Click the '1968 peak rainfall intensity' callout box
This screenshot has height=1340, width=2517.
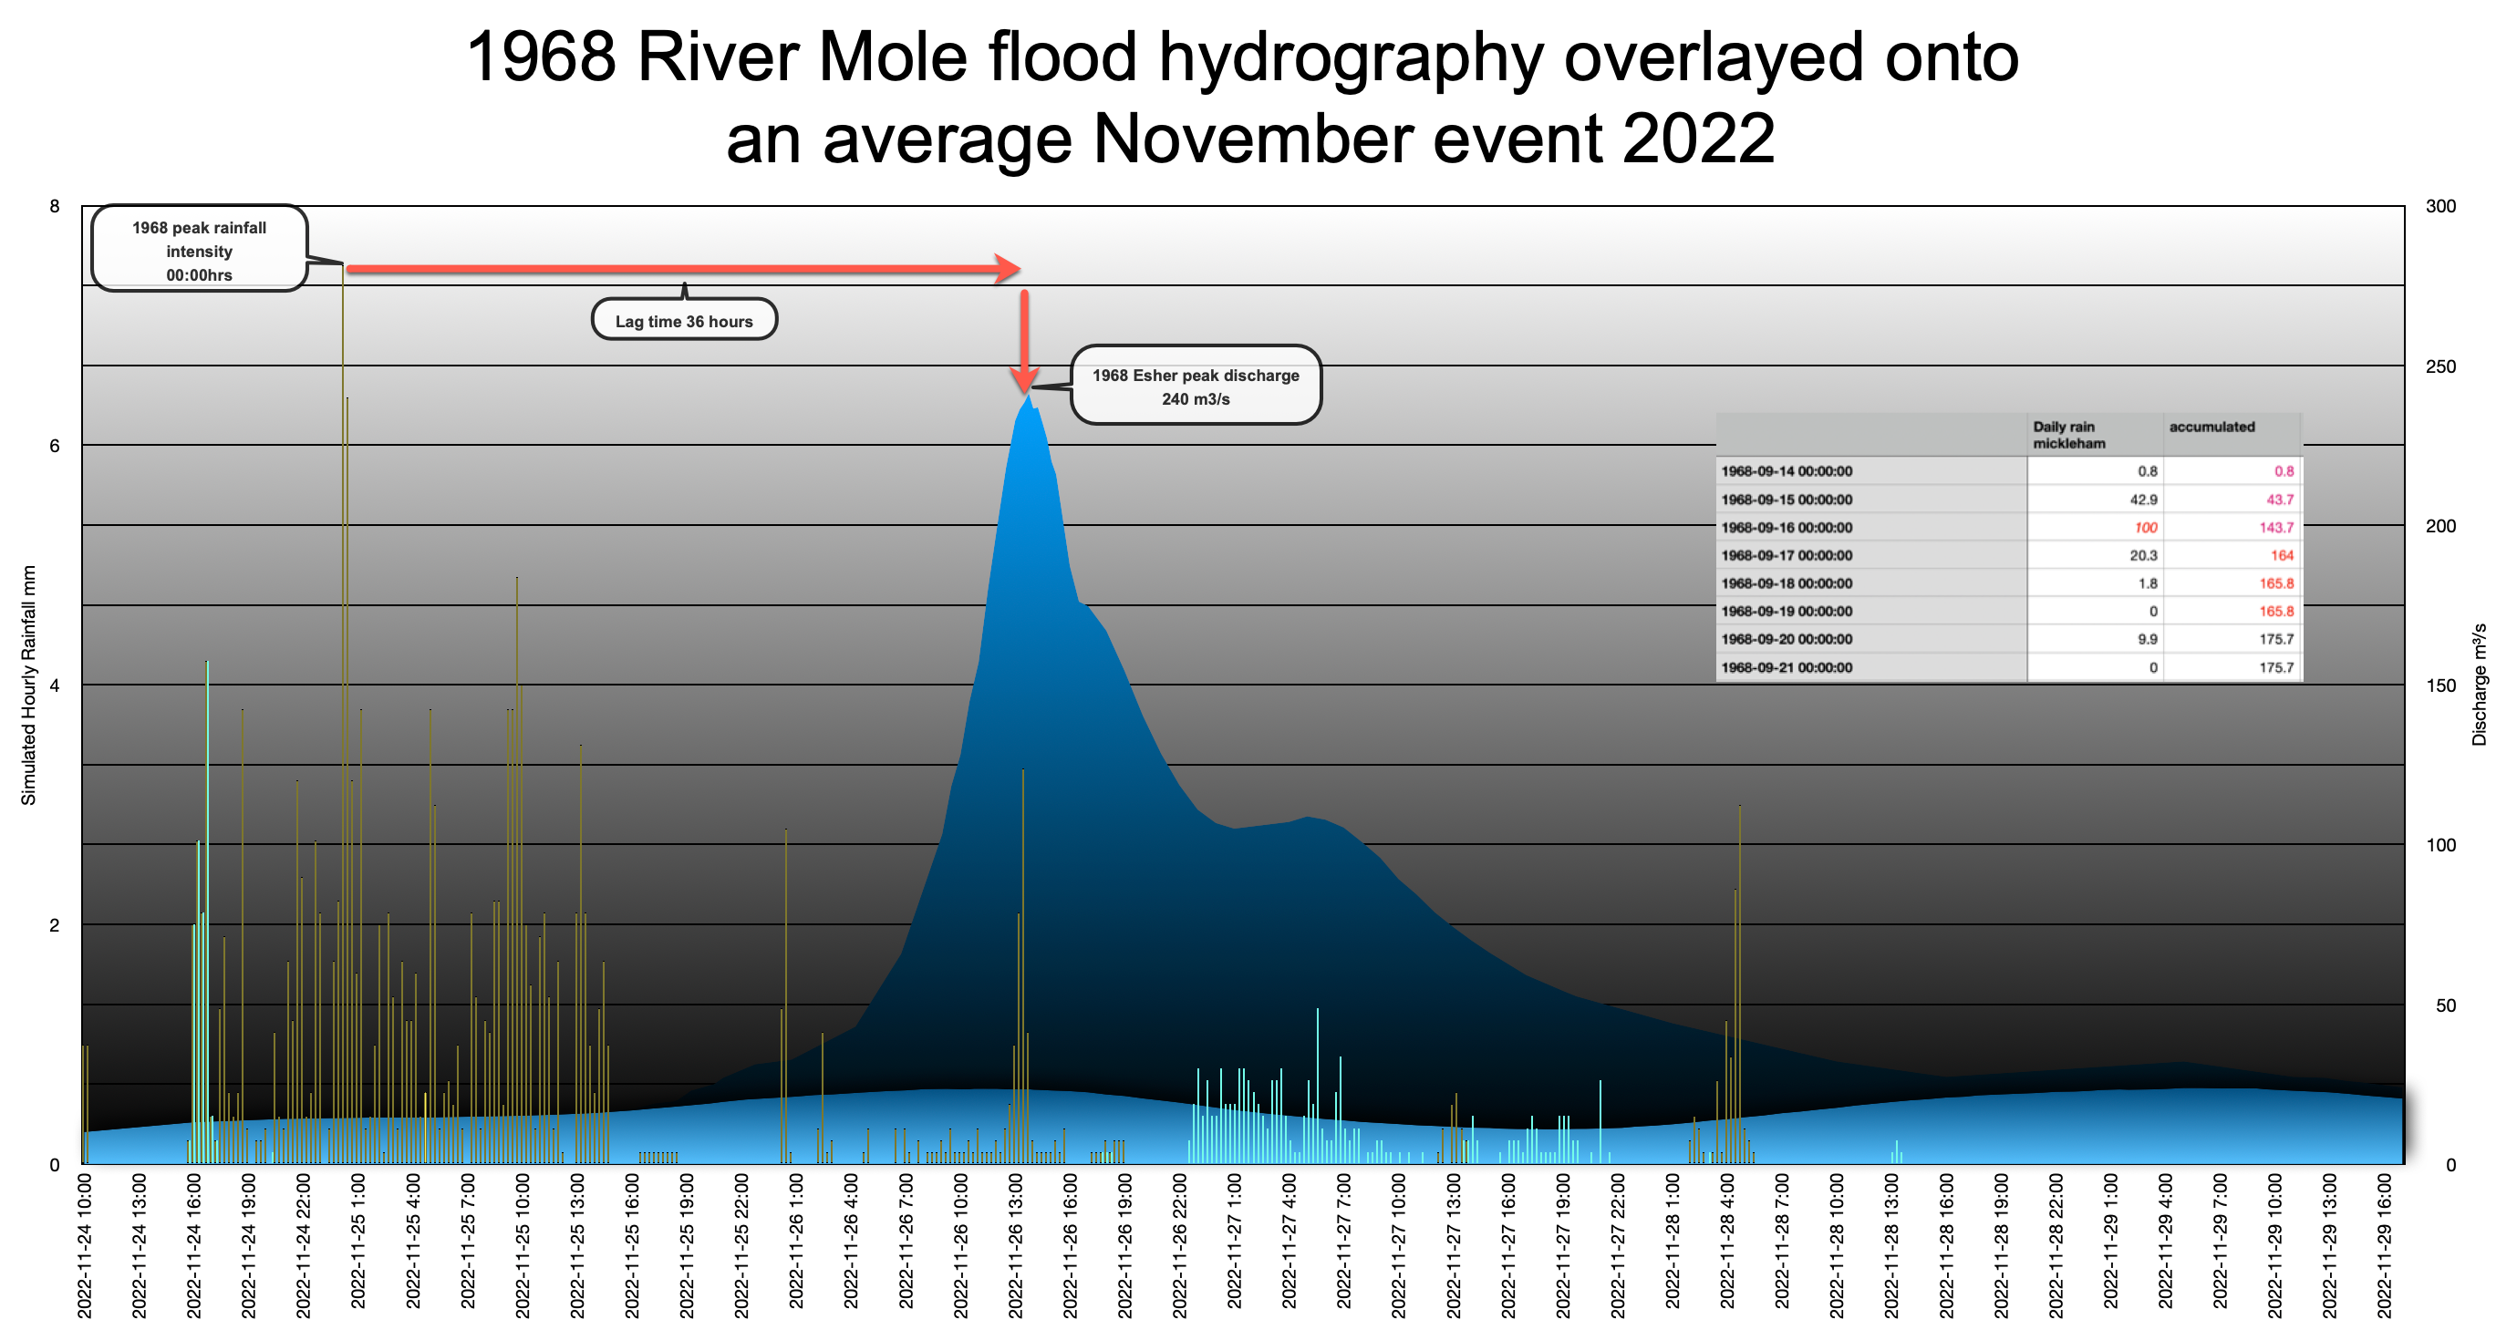pyautogui.click(x=200, y=250)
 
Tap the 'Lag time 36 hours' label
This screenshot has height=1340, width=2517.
pyautogui.click(x=684, y=321)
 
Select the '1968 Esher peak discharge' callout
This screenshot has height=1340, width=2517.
pyautogui.click(x=1195, y=387)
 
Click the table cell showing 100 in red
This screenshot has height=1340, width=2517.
pyautogui.click(x=2146, y=528)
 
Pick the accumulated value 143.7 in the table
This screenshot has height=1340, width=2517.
pyautogui.click(x=2275, y=528)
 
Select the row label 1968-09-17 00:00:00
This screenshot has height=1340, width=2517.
pyautogui.click(x=1787, y=556)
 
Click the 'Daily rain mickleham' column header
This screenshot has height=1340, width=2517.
pyautogui.click(x=2068, y=435)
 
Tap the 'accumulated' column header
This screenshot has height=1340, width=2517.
pyautogui.click(x=2211, y=427)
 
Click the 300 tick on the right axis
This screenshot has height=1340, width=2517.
pyautogui.click(x=2439, y=206)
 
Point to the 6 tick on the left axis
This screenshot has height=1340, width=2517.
pyautogui.click(x=55, y=446)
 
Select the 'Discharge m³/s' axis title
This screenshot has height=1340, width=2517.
pyautogui.click(x=2479, y=684)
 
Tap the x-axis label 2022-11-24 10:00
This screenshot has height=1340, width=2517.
pyautogui.click(x=85, y=1245)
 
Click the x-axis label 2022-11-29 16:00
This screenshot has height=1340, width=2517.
pyautogui.click(x=2384, y=1245)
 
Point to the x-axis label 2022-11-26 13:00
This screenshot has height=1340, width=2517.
pyautogui.click(x=1016, y=1245)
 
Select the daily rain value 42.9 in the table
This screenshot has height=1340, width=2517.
pyautogui.click(x=2144, y=500)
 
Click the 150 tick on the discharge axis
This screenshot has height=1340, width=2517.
pyautogui.click(x=2439, y=685)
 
